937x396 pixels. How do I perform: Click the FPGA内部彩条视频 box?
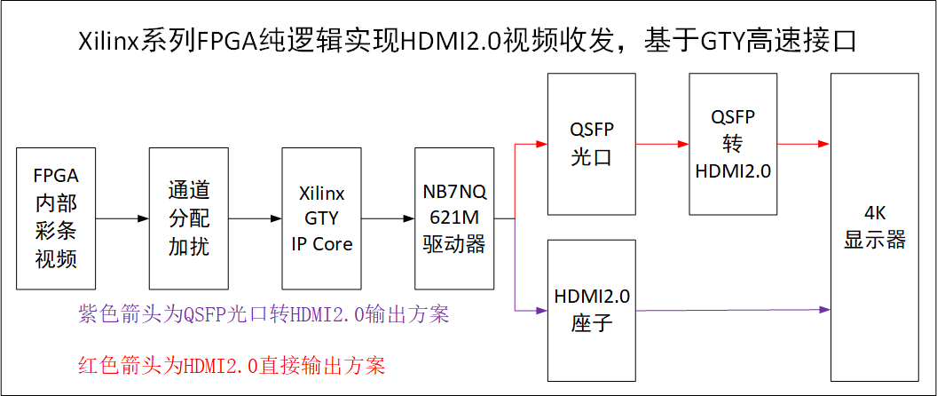coord(56,219)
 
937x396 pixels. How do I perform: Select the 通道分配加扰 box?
coord(189,219)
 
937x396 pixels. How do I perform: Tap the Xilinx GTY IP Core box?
coord(321,219)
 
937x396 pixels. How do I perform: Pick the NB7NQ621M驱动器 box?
coord(454,219)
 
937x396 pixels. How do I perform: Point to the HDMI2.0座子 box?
coord(592,310)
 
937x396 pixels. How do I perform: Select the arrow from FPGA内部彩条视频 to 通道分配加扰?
coord(122,218)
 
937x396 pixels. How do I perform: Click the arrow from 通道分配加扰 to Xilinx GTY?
coord(256,218)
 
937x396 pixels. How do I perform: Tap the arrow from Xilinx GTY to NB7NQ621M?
coord(388,218)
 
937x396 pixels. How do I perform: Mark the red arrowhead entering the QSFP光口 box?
coord(541,142)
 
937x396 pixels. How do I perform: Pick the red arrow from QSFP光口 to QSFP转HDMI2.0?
coord(663,142)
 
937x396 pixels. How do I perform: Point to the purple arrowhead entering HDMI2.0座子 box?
coord(541,310)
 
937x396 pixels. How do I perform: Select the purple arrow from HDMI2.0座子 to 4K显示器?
coord(733,310)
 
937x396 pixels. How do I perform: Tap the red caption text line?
coord(232,365)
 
